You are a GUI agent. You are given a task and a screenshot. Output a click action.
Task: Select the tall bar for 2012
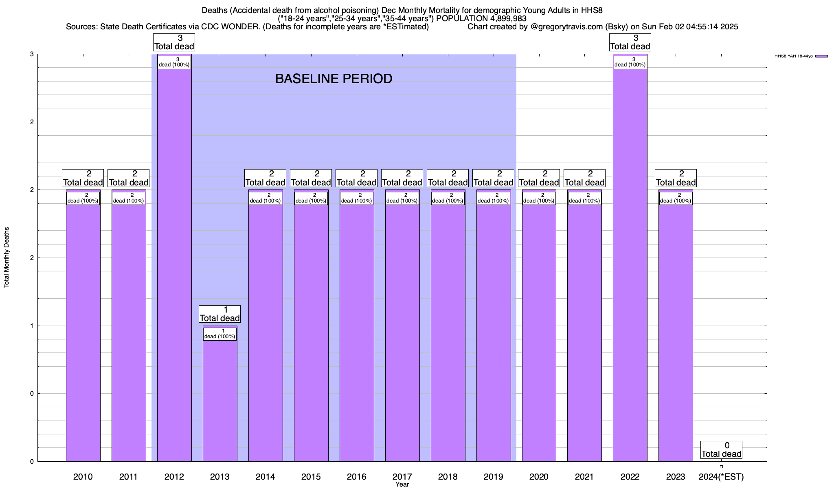[174, 265]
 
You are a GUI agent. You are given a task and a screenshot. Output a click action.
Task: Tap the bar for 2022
[630, 265]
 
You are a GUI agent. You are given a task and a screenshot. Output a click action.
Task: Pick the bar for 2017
[402, 326]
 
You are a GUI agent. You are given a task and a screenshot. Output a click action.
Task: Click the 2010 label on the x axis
[83, 476]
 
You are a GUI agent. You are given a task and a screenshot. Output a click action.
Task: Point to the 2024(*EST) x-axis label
[721, 476]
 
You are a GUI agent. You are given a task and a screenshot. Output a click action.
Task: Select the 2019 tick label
[493, 476]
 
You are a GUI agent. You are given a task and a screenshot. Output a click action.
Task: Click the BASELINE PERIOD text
[334, 79]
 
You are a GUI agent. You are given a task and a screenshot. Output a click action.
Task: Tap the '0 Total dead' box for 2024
[721, 450]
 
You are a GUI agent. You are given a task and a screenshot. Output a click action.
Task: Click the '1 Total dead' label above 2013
[220, 314]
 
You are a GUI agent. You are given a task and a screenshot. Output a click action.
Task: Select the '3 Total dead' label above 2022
[630, 42]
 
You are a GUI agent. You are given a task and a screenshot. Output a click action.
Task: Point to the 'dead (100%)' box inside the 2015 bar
[311, 198]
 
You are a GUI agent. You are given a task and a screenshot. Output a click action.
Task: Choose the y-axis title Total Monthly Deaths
[7, 257]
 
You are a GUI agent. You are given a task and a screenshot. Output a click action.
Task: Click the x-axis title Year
[402, 485]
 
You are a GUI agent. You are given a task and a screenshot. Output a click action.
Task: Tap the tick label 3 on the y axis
[32, 54]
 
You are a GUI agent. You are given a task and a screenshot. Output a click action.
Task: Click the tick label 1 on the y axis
[32, 326]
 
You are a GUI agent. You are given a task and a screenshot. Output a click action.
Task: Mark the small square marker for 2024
[721, 467]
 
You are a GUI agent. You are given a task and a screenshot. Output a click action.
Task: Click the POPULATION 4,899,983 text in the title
[481, 18]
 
